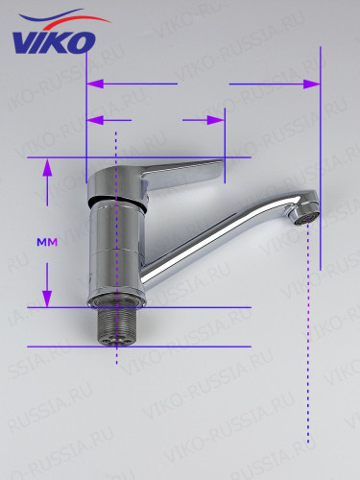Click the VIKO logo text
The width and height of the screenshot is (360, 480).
click(54, 42)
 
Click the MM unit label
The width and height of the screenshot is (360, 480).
click(47, 243)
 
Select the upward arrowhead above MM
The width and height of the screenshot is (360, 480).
click(47, 167)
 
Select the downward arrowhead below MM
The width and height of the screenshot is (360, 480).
click(47, 299)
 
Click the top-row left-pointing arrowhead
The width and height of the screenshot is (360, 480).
click(95, 84)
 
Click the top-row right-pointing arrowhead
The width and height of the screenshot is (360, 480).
click(312, 84)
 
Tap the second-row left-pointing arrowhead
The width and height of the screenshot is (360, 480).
click(95, 120)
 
